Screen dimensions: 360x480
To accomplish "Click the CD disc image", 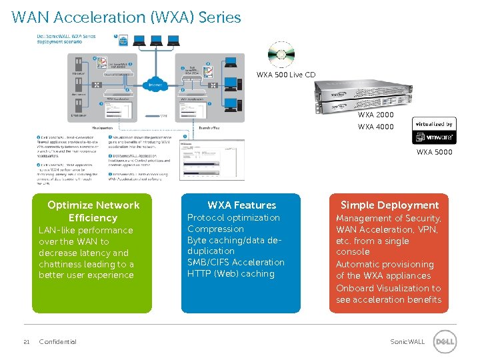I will click(281, 55).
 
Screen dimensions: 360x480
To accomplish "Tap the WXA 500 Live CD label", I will click(286, 75).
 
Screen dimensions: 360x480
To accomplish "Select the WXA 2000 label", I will click(375, 115).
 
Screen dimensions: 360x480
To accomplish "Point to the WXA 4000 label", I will click(375, 127).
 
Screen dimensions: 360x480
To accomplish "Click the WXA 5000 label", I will click(434, 152).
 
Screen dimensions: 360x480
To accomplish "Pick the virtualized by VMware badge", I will click(434, 131).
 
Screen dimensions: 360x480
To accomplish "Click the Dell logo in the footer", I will click(445, 342).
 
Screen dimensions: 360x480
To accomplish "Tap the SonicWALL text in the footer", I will click(407, 342).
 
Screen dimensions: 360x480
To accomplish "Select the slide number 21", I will click(26, 342).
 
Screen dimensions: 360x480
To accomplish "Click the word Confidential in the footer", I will click(58, 342).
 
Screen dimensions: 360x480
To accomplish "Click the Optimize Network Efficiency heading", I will click(93, 211).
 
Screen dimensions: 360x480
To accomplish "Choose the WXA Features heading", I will click(241, 205).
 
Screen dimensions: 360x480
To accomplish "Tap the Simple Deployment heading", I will click(389, 205).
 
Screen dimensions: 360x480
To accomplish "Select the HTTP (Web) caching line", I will click(231, 273).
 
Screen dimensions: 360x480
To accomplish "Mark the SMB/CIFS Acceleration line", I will click(235, 262).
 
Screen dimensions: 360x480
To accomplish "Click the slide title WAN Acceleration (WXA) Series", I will click(126, 17).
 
